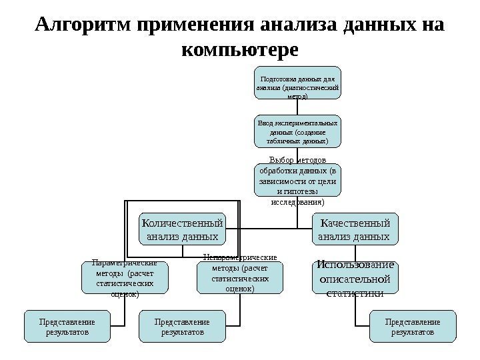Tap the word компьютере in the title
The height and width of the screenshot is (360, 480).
[240, 50]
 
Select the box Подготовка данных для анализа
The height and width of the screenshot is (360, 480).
[297, 83]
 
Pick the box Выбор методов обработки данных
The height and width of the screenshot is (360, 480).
[297, 179]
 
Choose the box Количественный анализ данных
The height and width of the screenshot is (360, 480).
[182, 229]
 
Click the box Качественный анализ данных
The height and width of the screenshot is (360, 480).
[355, 229]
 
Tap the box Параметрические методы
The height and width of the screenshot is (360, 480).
[124, 278]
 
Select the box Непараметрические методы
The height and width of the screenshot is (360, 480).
[240, 278]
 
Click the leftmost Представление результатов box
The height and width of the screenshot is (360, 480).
[67, 327]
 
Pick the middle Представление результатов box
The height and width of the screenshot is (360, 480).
[182, 327]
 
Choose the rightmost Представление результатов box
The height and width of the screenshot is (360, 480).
[413, 327]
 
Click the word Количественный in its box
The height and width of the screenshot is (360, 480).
[182, 222]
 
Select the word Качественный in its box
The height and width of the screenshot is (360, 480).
[355, 222]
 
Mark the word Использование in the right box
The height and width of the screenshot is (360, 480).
[355, 265]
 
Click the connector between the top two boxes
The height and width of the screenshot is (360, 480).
[297, 108]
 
